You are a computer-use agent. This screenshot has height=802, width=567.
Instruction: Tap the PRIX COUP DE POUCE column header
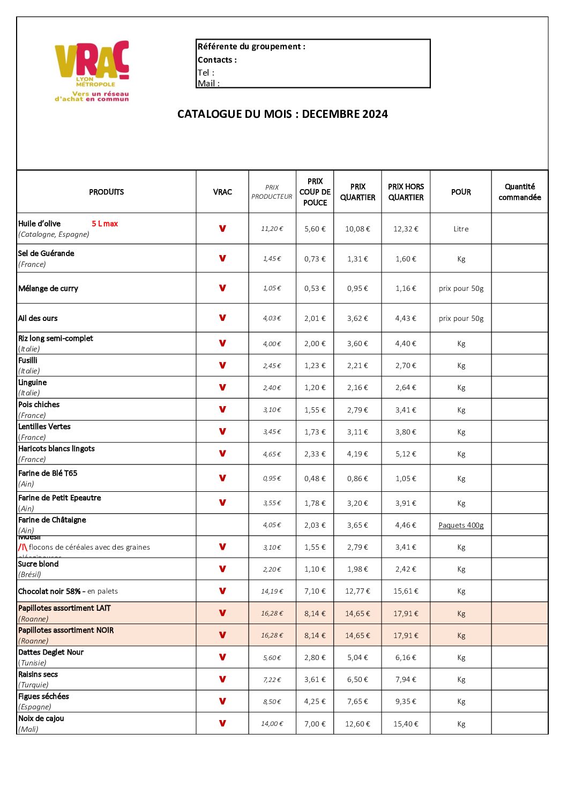315,192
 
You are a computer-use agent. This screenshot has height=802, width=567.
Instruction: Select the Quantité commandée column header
519,192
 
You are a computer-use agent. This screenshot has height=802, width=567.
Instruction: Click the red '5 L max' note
105,224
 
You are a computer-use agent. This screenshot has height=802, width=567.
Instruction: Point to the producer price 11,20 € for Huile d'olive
272,229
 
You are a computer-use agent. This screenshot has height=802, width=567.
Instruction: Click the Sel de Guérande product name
46,253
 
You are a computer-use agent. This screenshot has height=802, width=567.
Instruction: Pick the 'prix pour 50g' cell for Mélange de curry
461,288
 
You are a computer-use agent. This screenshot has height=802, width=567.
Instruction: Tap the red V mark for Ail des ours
222,318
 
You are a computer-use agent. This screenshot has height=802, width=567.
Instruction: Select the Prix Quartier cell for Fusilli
357,366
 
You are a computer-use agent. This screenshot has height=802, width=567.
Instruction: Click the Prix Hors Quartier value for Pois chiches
406,410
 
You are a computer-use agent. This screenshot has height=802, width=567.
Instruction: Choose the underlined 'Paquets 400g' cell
461,525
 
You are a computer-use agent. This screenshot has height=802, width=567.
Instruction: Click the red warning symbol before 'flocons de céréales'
23,547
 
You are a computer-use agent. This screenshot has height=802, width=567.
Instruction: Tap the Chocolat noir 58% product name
49,591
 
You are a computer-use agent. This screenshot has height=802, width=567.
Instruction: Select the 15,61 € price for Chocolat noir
406,591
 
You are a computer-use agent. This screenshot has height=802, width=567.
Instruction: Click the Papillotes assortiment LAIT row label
64,608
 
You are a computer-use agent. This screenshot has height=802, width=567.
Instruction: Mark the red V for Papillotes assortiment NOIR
222,635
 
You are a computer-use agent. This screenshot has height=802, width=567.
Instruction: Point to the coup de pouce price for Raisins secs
315,679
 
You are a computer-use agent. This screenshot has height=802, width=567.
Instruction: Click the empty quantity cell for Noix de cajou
519,723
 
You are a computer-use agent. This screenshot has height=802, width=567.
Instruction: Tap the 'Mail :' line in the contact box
209,83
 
